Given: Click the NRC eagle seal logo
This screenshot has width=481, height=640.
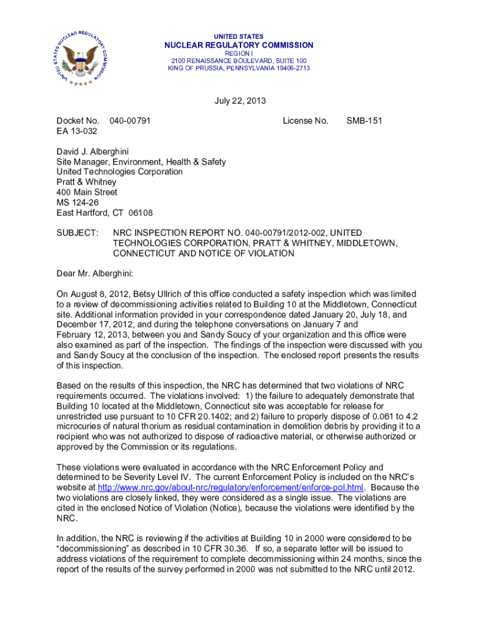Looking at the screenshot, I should click(77, 56).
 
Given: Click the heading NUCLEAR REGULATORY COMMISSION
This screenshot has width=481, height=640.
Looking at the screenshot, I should click(239, 45).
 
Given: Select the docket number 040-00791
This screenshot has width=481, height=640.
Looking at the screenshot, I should click(130, 121).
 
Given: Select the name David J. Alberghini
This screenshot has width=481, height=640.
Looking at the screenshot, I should click(93, 152).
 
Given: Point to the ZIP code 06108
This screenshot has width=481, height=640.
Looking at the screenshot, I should click(140, 212).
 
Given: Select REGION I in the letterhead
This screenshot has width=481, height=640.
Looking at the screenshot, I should click(239, 53).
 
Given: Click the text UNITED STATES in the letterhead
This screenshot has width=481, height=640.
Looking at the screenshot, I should click(239, 36).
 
